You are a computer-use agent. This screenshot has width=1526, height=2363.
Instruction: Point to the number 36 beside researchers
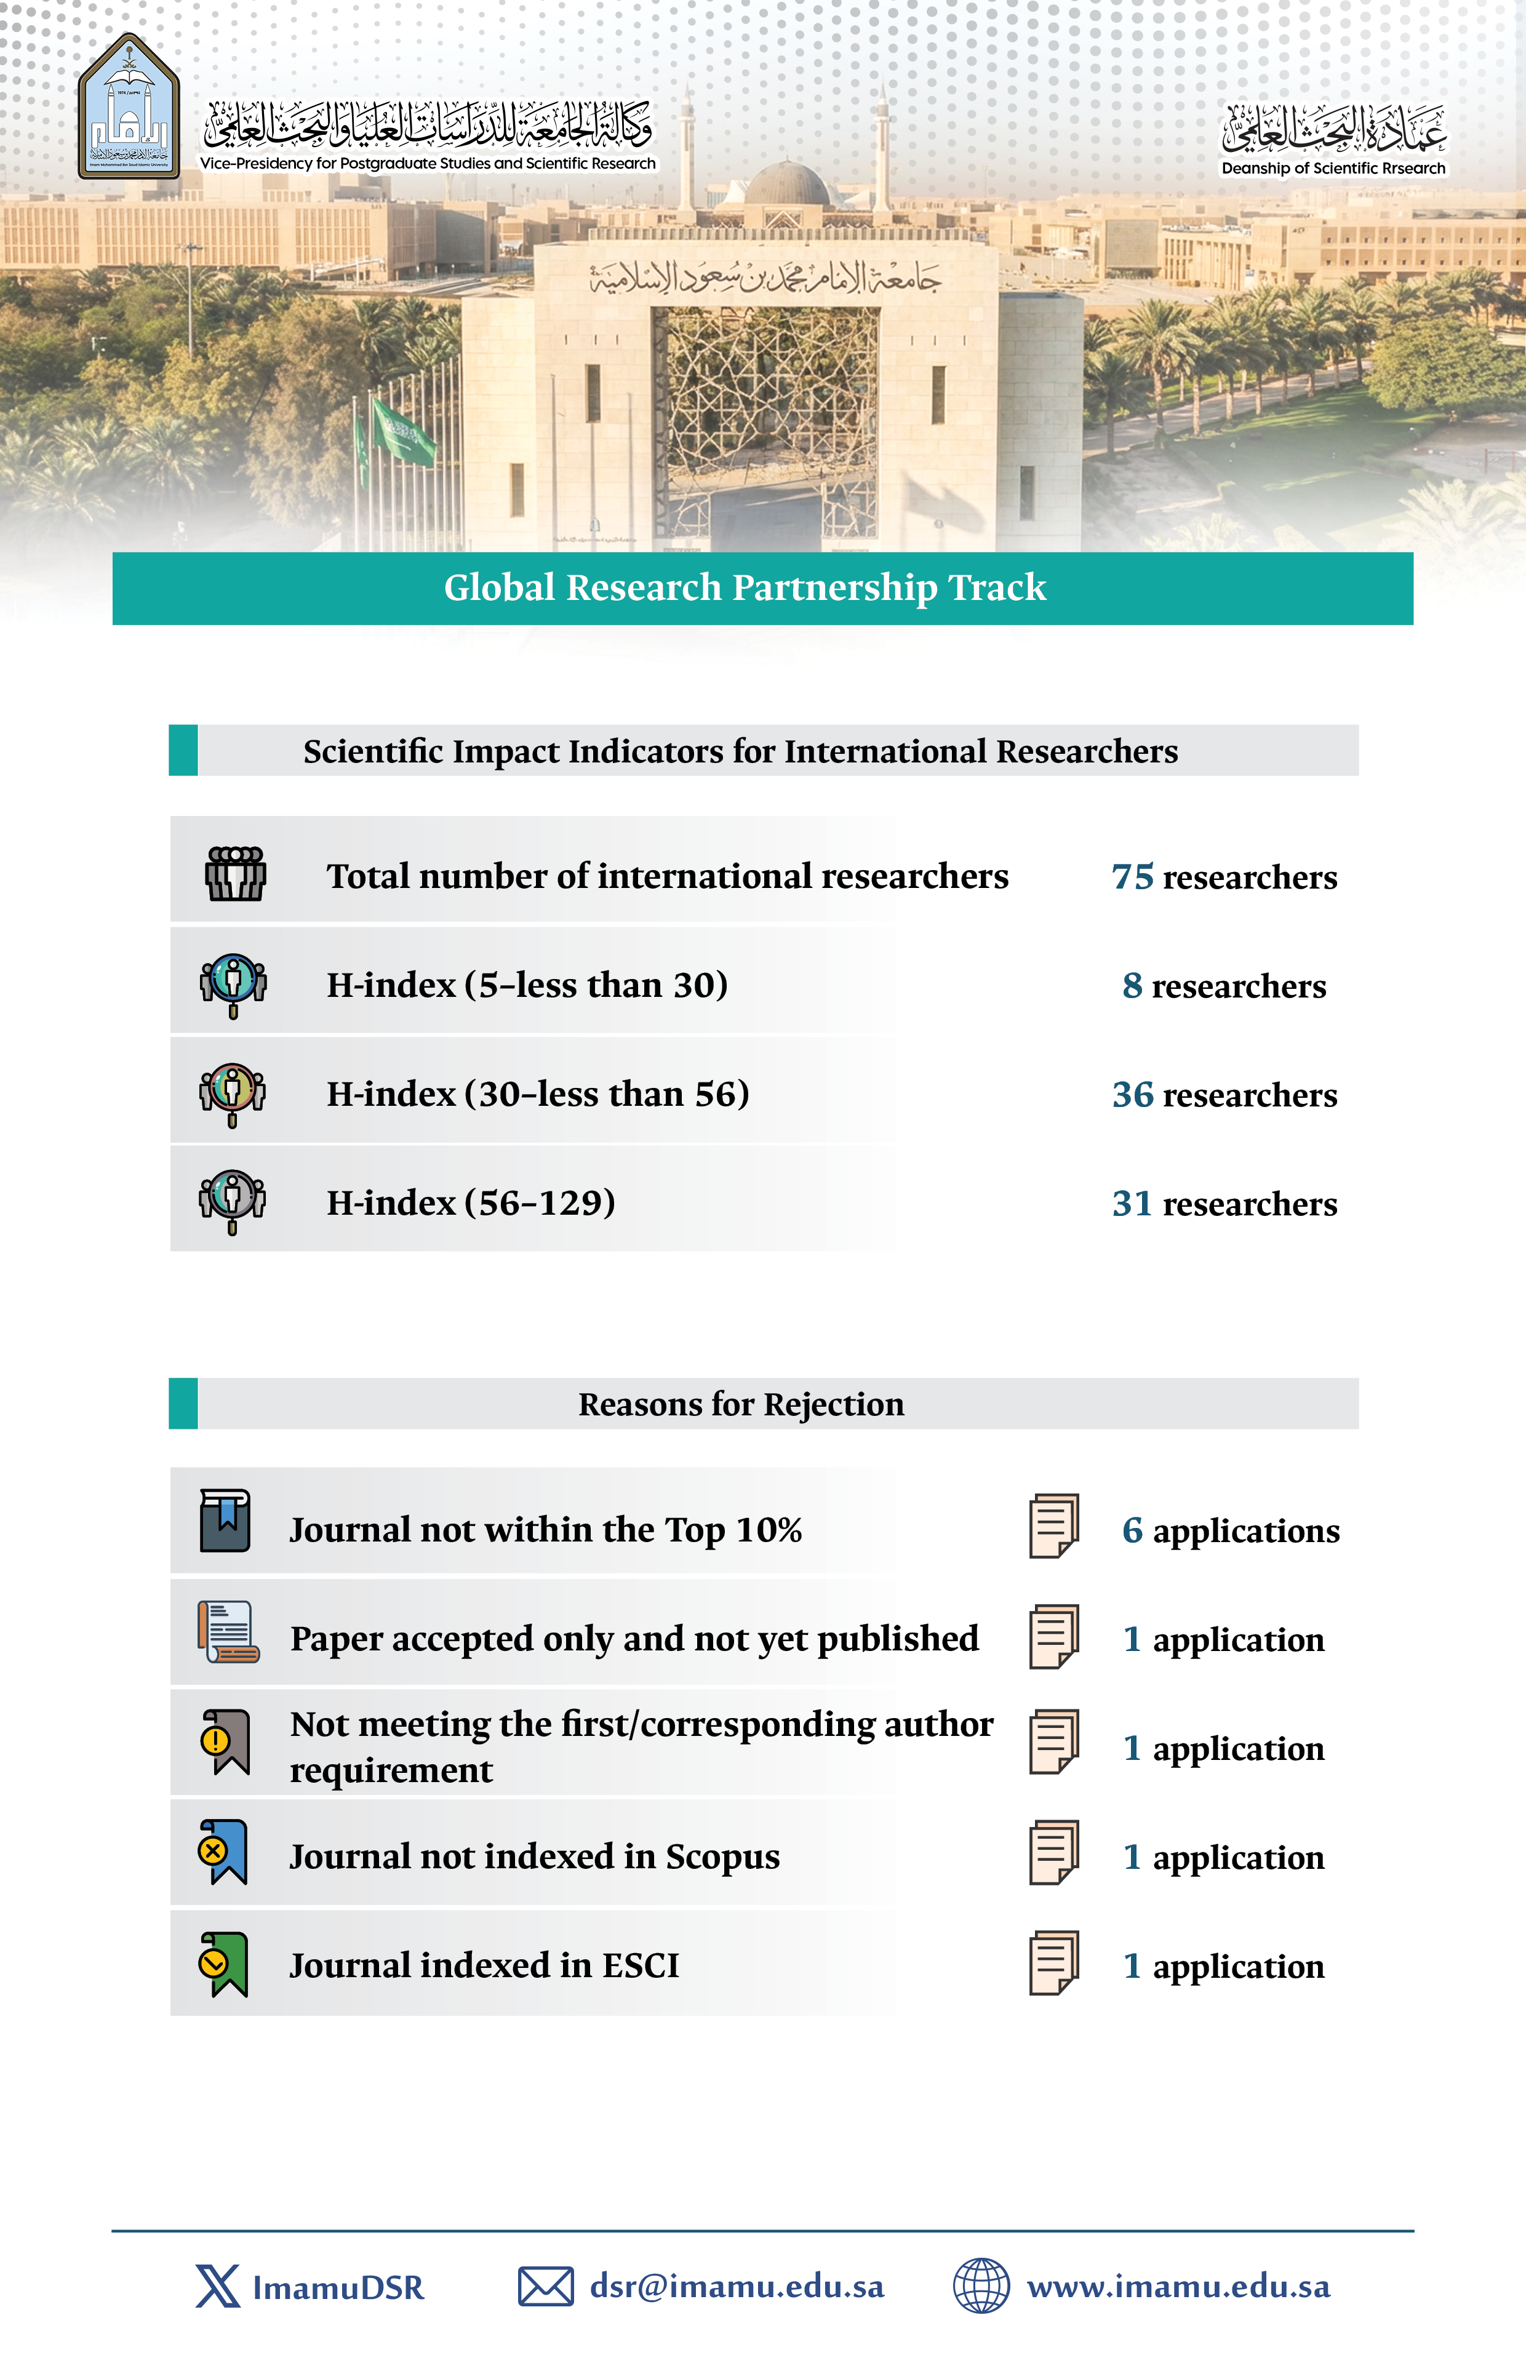[1133, 1095]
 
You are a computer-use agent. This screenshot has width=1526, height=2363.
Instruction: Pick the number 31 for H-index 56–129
[1132, 1204]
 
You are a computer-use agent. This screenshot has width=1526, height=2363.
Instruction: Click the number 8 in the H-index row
[1132, 986]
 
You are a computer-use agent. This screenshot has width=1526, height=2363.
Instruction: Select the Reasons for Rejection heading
[741, 1404]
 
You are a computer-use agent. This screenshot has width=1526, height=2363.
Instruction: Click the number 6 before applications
[1132, 1531]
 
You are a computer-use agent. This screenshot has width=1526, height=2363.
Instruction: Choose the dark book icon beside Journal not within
[225, 1521]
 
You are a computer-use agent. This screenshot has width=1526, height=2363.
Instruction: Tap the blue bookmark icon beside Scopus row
[223, 1852]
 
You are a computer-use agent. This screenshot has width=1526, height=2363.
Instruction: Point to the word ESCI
[640, 1965]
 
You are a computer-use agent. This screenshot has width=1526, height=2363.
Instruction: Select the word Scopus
[722, 1857]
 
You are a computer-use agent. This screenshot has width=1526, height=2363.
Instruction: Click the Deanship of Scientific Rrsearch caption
[1333, 169]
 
